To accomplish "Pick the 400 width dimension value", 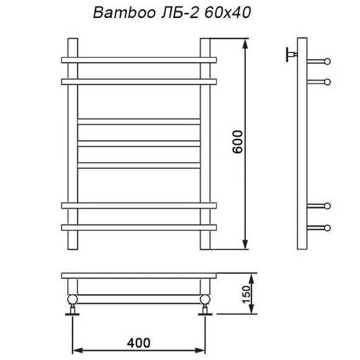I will [x=138, y=342].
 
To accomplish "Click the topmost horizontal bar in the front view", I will [x=139, y=60].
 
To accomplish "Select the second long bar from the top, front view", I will [x=139, y=81].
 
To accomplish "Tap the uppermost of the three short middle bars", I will [x=139, y=121].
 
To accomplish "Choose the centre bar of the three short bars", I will [x=139, y=143].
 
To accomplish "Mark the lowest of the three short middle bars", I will [x=139, y=164].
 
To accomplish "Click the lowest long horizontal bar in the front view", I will [x=139, y=227].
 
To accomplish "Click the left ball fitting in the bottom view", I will [x=73, y=300].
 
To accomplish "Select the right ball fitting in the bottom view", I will [x=205, y=300].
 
